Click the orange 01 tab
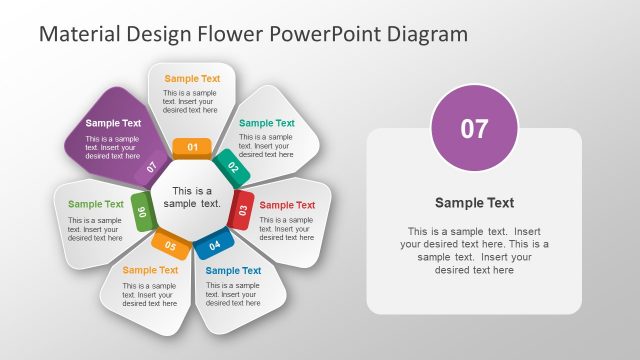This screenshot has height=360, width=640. point(192,147)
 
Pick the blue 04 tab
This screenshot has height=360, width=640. point(213,243)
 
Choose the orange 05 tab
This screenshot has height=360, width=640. point(170,243)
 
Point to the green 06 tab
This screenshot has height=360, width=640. point(142,211)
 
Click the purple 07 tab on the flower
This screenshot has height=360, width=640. point(151,167)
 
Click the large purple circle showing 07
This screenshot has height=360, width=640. point(474,128)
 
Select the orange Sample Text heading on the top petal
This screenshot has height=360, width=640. point(192,78)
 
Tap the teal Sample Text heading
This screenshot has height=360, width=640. point(267,123)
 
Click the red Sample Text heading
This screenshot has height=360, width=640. point(287,205)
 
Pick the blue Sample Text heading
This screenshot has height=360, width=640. point(233,270)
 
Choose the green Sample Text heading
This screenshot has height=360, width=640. point(96,204)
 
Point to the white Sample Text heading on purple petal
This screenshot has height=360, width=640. point(113,123)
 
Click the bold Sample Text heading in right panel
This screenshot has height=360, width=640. point(474,202)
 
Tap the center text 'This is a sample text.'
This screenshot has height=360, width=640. point(192,197)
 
